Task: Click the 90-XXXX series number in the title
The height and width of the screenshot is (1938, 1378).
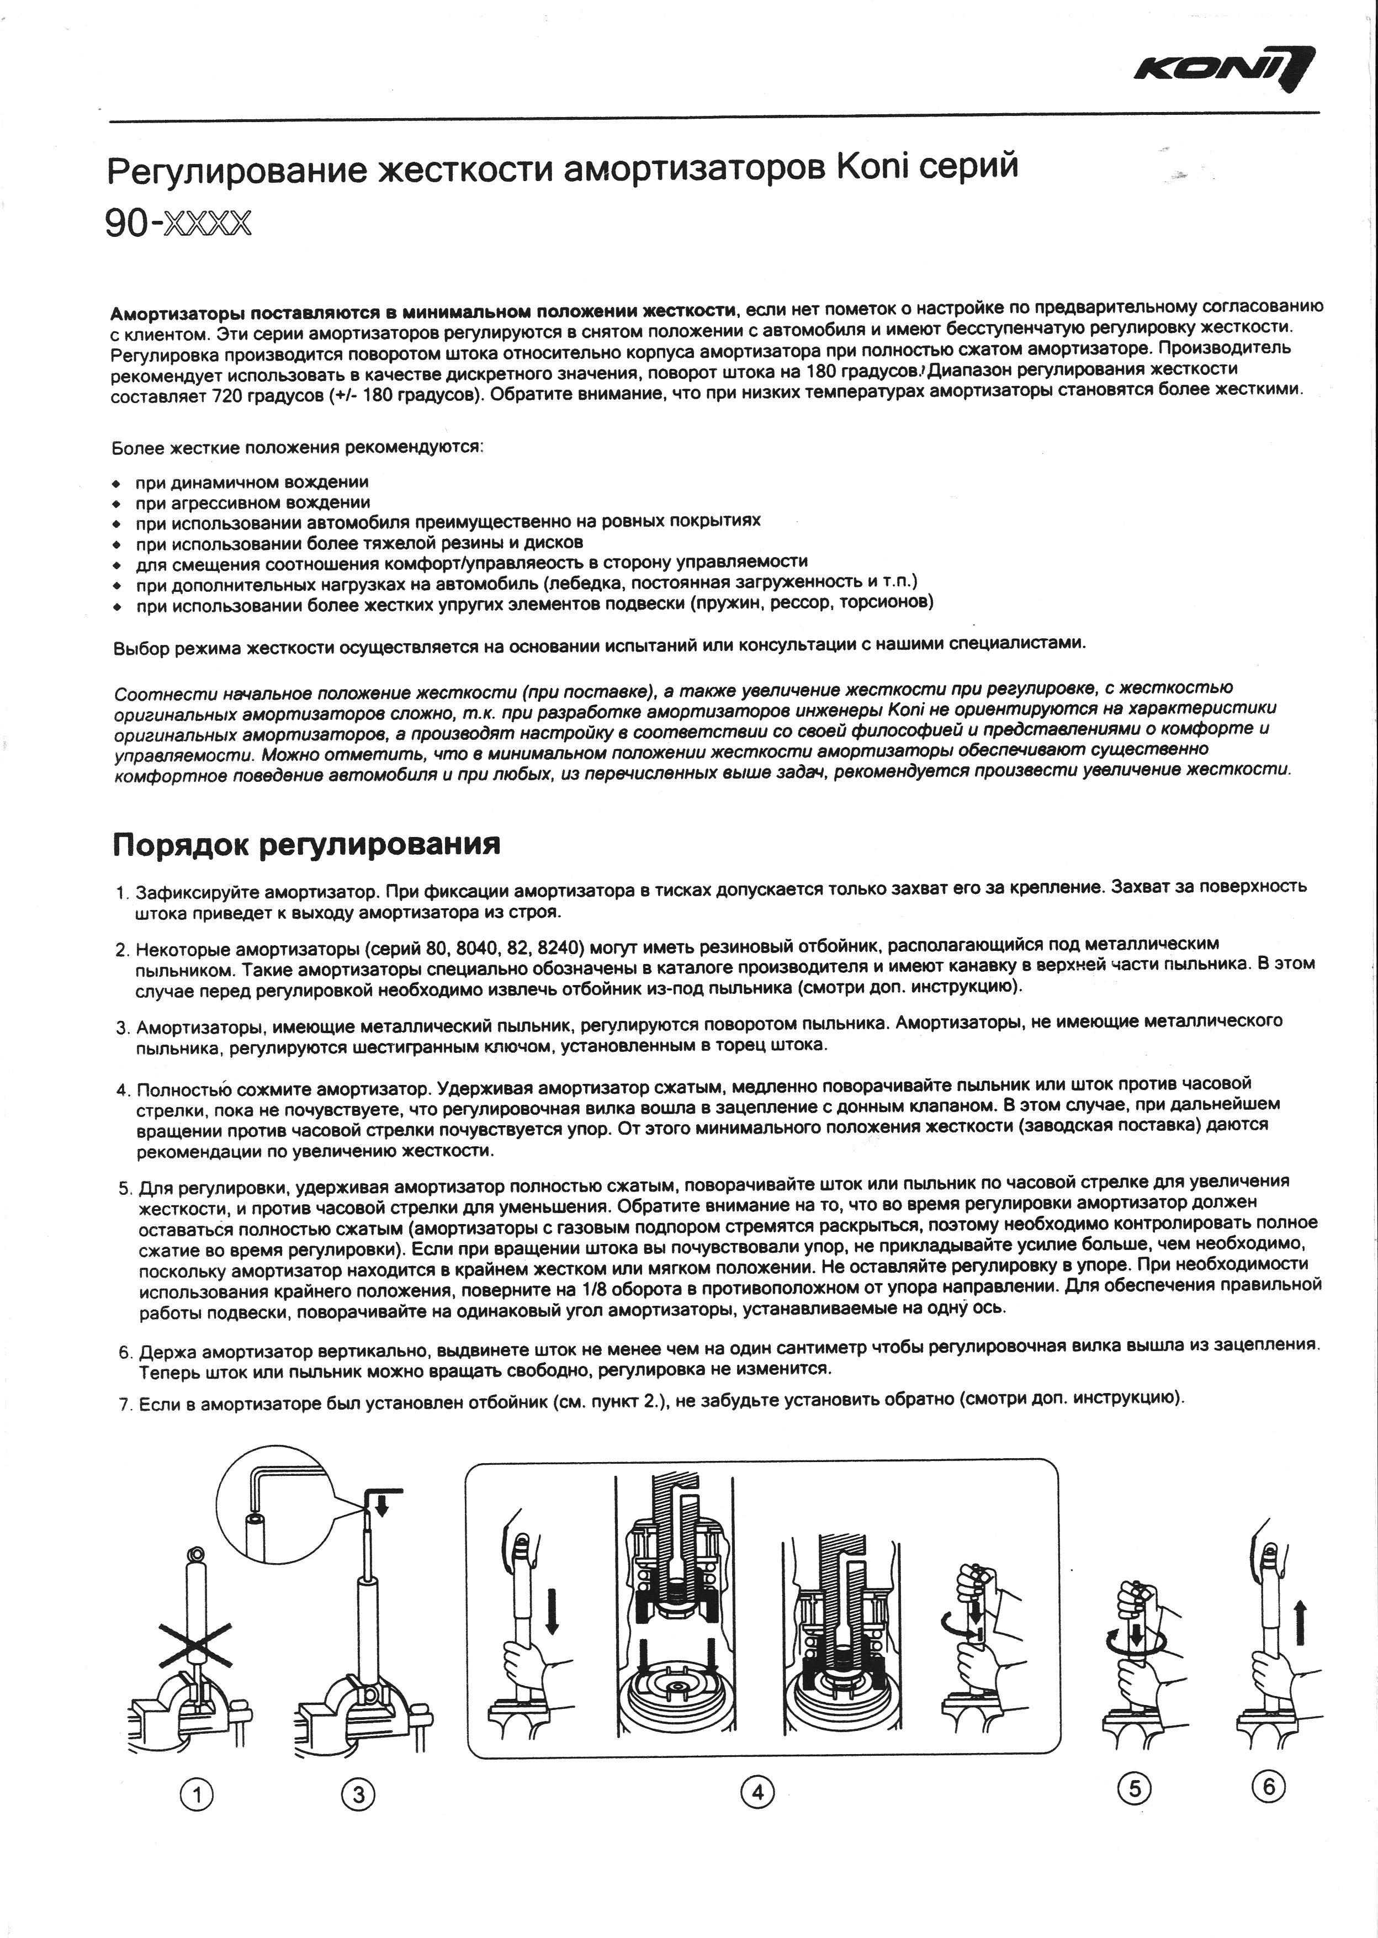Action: (178, 223)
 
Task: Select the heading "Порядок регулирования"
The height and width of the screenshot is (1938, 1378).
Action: (306, 844)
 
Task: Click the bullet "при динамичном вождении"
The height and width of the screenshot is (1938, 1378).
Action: (252, 483)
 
